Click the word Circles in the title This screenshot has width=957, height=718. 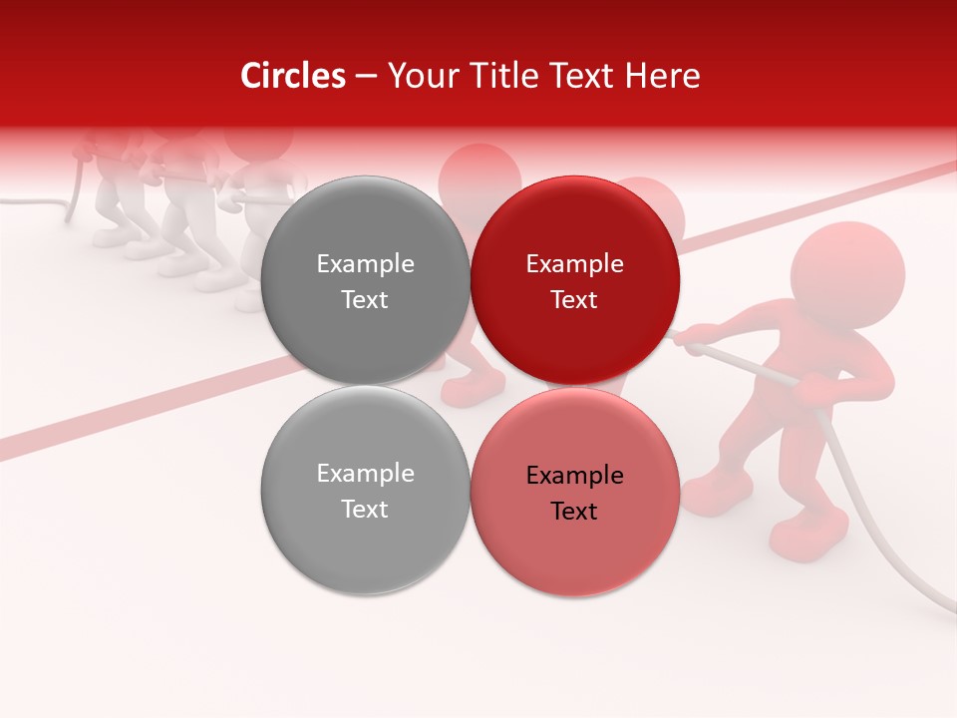click(x=292, y=76)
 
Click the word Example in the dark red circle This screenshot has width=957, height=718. click(x=574, y=264)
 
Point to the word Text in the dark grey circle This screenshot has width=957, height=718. click(x=365, y=300)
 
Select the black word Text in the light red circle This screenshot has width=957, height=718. click(x=574, y=512)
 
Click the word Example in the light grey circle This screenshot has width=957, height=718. click(x=365, y=474)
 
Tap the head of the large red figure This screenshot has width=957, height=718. click(x=848, y=275)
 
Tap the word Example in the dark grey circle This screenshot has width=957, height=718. click(x=365, y=264)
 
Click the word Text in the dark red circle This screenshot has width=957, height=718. click(x=574, y=300)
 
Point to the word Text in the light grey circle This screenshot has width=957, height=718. click(x=365, y=510)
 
